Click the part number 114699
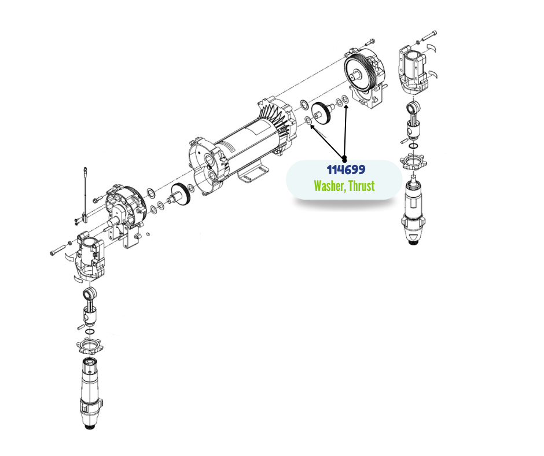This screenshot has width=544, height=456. (x=346, y=170)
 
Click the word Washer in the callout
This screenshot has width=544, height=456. (x=329, y=186)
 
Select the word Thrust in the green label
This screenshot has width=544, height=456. (x=362, y=186)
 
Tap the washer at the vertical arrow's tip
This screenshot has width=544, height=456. (x=345, y=99)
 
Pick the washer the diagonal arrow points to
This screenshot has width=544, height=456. (x=308, y=120)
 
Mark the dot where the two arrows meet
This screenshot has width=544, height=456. (x=344, y=159)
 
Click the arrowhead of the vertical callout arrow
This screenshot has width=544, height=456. (x=346, y=105)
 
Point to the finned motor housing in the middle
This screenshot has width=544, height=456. (x=243, y=141)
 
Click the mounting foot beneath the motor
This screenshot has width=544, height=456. (x=253, y=174)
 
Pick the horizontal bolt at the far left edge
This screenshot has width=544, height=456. (x=58, y=249)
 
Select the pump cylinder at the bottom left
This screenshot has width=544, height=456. (x=91, y=393)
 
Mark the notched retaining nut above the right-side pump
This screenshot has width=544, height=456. (x=413, y=161)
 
